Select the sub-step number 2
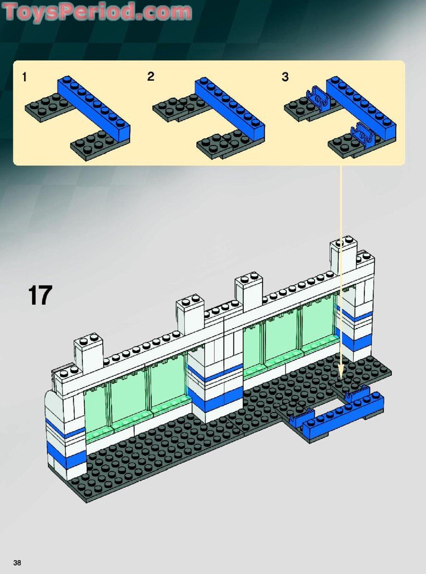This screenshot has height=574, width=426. tap(151, 76)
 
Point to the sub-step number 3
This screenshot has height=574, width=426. tap(285, 77)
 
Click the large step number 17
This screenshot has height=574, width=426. tap(40, 296)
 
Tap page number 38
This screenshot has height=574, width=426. tap(18, 563)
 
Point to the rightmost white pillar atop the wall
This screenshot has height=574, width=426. tap(343, 255)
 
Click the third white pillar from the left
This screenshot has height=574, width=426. tap(248, 291)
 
